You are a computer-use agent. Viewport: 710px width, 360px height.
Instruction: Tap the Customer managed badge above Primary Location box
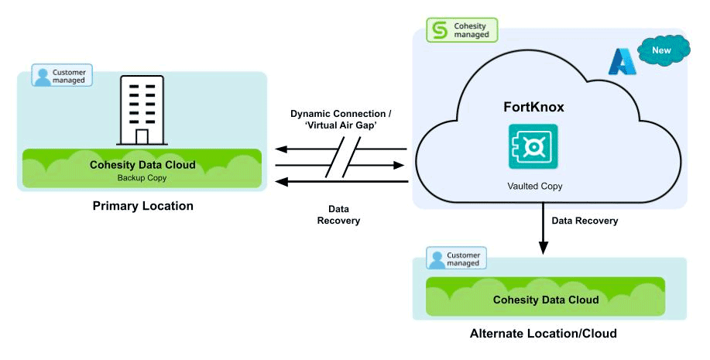62,74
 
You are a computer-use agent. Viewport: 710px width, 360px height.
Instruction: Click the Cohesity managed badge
462,30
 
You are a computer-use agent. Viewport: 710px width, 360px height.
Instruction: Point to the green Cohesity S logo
440,30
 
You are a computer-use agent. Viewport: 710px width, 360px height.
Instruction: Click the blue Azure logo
621,60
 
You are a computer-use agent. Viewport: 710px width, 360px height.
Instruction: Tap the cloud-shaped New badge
662,51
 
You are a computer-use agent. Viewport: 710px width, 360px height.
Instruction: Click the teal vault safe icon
533,146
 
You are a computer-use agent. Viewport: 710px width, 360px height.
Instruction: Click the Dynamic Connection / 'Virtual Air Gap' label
341,119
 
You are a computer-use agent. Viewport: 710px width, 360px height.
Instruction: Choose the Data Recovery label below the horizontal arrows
338,214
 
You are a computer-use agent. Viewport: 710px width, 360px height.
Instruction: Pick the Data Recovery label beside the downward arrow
585,221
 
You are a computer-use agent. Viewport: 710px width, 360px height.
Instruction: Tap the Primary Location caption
142,206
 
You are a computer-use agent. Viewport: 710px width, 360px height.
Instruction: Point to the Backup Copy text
142,177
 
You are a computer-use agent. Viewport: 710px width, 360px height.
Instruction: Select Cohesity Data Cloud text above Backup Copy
142,165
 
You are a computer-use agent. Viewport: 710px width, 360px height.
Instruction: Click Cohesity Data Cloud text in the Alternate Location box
546,300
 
